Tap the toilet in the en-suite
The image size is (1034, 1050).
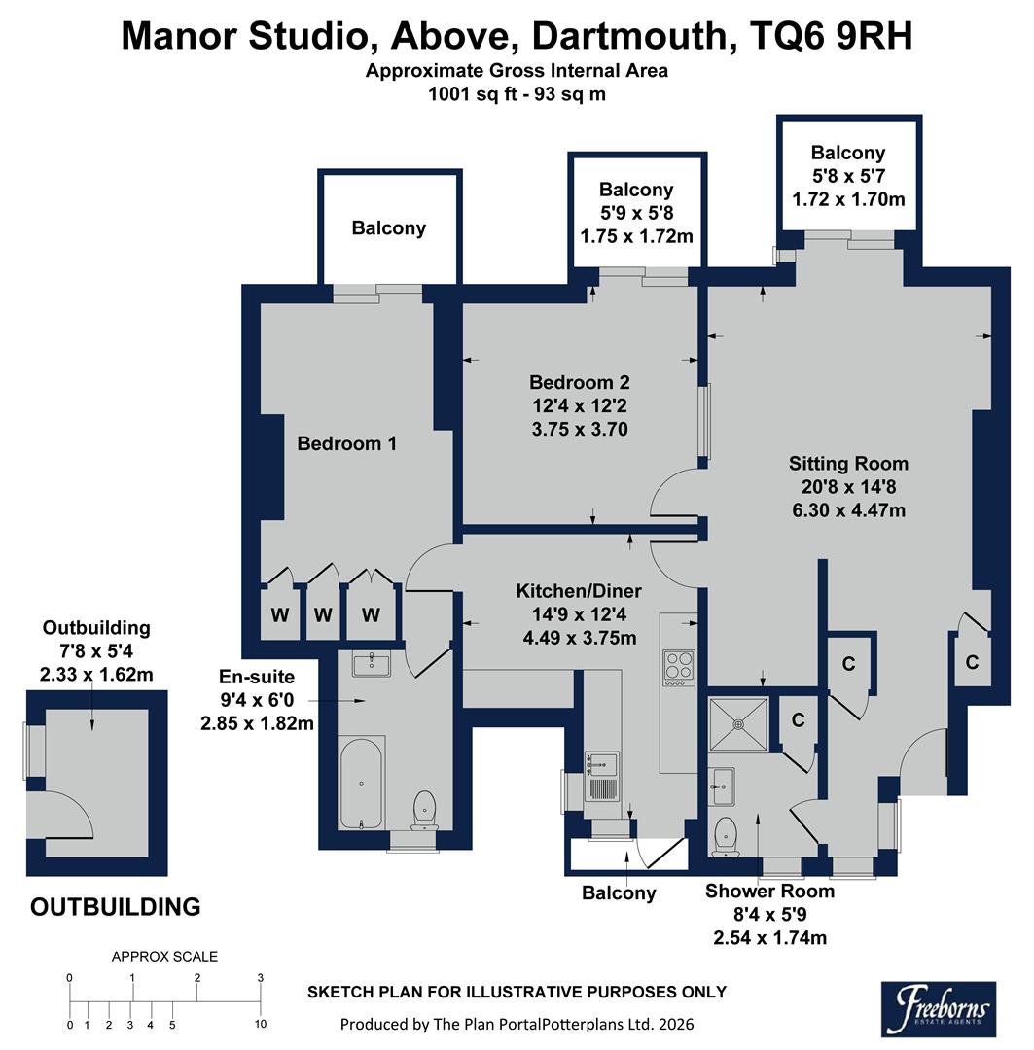[x=425, y=809]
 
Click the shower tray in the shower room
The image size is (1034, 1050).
[x=738, y=723]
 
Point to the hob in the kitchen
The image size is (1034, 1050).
[x=678, y=667]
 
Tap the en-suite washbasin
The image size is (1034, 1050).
[x=367, y=664]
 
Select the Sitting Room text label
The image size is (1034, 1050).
[x=848, y=463]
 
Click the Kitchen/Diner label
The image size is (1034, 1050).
[x=578, y=591]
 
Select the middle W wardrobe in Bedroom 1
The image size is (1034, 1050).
[x=323, y=614]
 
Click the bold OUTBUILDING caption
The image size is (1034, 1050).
[x=116, y=907]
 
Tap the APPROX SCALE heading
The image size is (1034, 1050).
[x=165, y=956]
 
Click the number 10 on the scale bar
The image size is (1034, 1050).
[x=260, y=1025]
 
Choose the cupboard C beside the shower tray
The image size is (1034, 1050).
[x=798, y=720]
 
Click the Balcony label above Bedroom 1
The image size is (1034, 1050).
[x=389, y=228]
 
